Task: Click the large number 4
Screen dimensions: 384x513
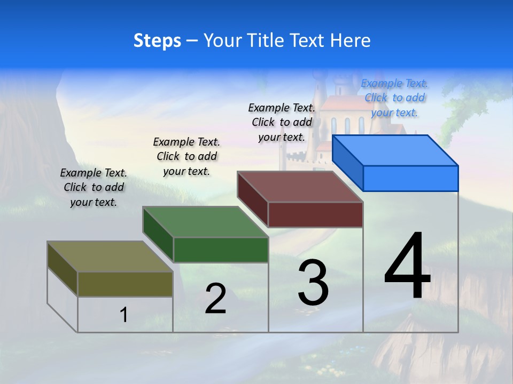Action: [408, 266]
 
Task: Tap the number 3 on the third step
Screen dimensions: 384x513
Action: [313, 283]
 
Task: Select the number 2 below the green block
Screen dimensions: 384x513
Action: [215, 299]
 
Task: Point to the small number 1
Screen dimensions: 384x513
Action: [124, 315]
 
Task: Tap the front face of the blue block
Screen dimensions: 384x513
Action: [410, 178]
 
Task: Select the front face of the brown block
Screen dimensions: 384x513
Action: [315, 214]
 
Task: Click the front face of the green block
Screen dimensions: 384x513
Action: [221, 250]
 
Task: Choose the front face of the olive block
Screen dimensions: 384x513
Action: [125, 284]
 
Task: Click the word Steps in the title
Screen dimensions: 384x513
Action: [157, 41]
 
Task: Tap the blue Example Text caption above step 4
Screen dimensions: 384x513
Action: [394, 98]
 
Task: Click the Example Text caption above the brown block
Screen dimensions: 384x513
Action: [282, 122]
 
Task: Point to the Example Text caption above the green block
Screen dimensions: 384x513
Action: [186, 156]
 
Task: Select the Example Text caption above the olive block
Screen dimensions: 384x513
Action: [94, 187]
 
